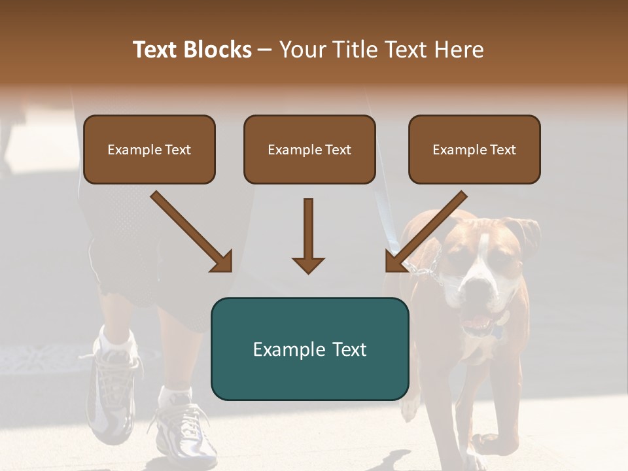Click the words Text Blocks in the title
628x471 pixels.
click(192, 50)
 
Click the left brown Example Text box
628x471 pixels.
click(149, 150)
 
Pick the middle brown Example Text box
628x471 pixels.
click(309, 150)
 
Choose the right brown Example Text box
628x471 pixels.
click(474, 150)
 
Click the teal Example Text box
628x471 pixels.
click(309, 349)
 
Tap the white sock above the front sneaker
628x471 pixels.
click(175, 395)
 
